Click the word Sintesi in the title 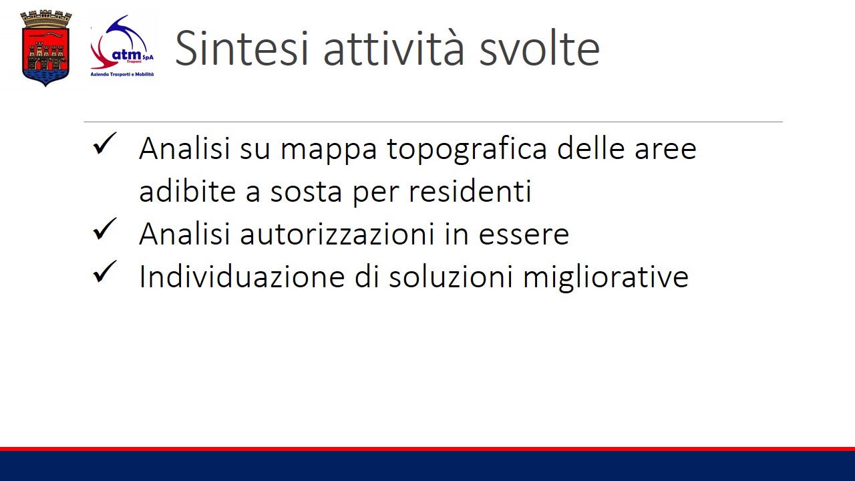[241, 49]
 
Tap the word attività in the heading [393, 49]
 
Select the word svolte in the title [540, 49]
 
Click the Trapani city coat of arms [46, 48]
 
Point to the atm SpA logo [122, 47]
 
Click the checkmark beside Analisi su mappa [104, 144]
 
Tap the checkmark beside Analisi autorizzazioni [104, 229]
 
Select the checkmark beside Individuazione [104, 272]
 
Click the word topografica [467, 150]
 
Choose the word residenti [470, 191]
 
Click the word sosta [306, 192]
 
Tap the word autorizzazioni [337, 234]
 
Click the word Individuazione [242, 276]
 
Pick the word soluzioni [451, 276]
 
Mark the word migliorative [606, 277]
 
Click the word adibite [188, 191]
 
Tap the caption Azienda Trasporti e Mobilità [122, 74]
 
